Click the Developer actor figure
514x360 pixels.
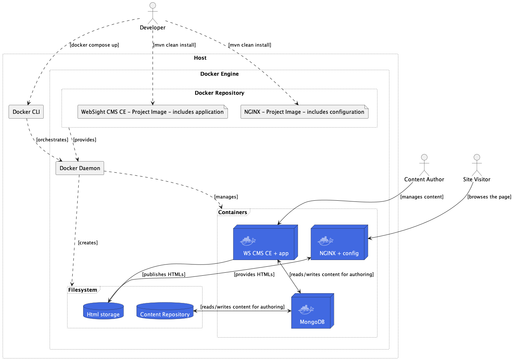pos(153,13)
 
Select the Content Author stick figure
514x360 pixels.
pos(424,165)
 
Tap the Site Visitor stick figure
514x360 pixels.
pos(477,165)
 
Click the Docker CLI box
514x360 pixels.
pos(26,112)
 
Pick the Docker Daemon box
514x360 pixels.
pos(80,168)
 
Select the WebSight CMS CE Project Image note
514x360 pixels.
pos(153,112)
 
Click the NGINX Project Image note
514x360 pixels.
pos(304,112)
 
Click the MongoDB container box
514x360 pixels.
pos(312,312)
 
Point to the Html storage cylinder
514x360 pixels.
pos(103,311)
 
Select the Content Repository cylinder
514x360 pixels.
pos(165,311)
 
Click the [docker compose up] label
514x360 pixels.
pos(94,45)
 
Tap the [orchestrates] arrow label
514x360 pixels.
pos(52,140)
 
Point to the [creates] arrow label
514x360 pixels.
pos(88,243)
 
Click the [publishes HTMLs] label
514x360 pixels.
pos(164,275)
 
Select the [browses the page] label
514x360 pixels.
pos(489,197)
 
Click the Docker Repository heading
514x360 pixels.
pos(219,93)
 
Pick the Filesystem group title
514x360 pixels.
pos(83,290)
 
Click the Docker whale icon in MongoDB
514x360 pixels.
pos(306,309)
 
